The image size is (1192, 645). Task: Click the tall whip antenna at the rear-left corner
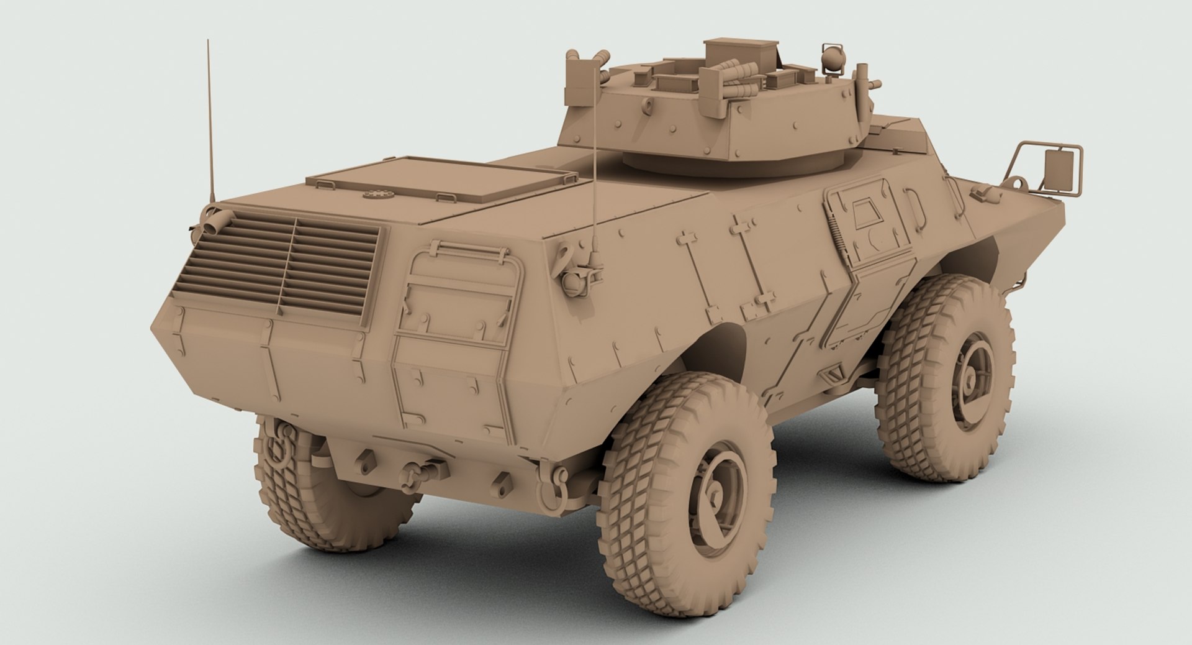(x=209, y=124)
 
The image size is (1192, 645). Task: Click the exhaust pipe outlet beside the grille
(x=211, y=222)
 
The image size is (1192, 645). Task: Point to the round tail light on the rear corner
(x=571, y=282)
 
